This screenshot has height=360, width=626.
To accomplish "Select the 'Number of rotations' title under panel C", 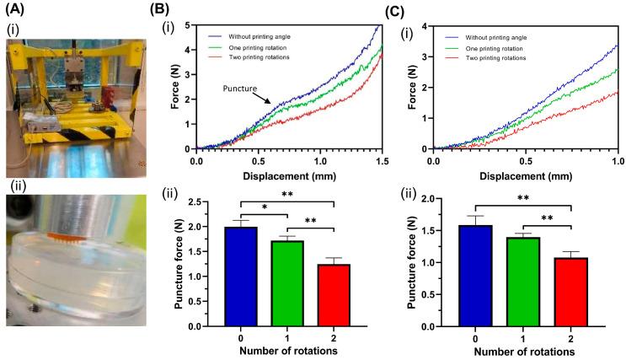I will click(520, 352).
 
